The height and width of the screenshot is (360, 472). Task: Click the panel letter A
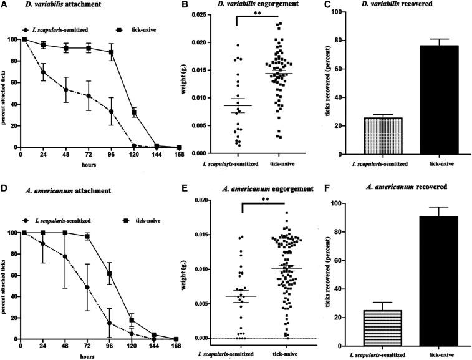(x=5, y=6)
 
